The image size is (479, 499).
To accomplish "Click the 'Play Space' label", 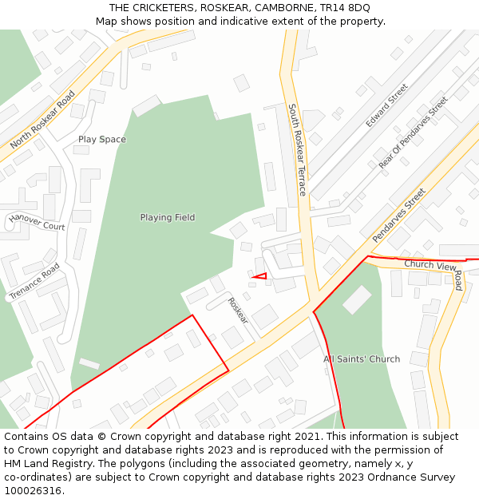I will click(x=101, y=140).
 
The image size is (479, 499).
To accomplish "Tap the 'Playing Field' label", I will click(x=168, y=217).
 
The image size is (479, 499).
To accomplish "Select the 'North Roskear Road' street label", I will click(x=42, y=120).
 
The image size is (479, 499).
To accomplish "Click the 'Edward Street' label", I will click(x=387, y=105).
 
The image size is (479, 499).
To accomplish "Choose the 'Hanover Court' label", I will click(x=37, y=222).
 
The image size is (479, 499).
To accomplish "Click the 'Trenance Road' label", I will click(x=34, y=282).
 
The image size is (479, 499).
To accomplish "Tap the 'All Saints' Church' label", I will click(x=362, y=359).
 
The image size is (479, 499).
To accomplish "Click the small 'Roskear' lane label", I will click(x=238, y=311).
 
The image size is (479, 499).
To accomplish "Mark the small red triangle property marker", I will click(x=259, y=275).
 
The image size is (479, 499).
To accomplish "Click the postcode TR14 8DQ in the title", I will click(x=345, y=7).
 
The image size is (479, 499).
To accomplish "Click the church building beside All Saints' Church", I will click(x=357, y=299).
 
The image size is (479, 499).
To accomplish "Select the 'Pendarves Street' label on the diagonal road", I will click(x=399, y=216).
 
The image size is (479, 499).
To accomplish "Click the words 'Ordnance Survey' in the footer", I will click(x=415, y=477).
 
